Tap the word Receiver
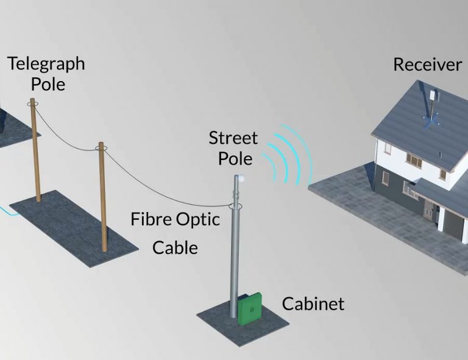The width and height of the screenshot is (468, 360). tap(427, 65)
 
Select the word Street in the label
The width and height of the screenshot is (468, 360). tap(233, 138)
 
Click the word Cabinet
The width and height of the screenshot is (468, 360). tap(313, 303)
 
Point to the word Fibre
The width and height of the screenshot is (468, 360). tap(151, 219)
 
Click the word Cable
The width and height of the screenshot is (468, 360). tap(175, 247)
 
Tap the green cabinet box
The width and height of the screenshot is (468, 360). tap(250, 308)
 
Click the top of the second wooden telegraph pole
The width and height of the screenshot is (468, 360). tap(101, 146)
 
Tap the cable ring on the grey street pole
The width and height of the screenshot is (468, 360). tap(236, 206)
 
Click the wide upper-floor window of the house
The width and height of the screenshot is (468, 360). tap(414, 160)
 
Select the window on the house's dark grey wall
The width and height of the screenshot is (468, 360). tap(386, 178)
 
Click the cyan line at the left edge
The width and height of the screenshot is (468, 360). tap(5, 210)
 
